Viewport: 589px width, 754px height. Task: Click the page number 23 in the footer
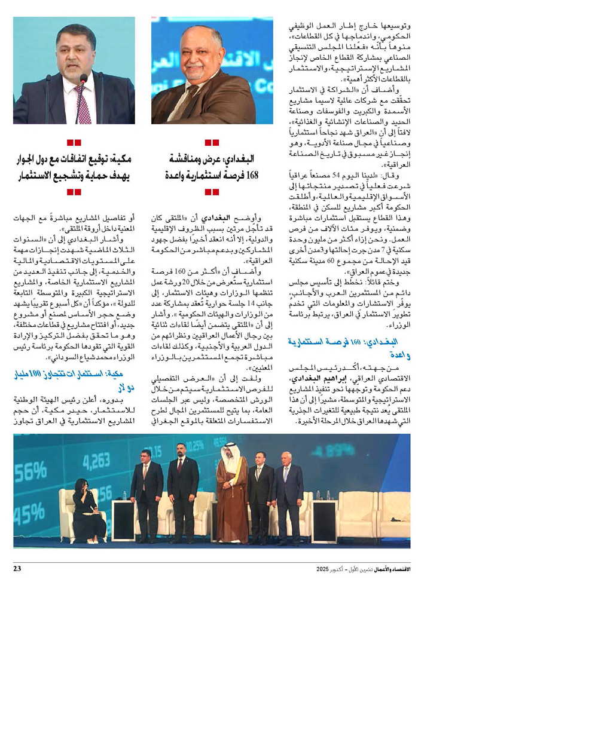tap(17, 568)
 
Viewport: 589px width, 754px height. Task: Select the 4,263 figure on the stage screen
tap(96, 461)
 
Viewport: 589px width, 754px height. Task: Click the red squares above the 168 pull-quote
tap(212, 143)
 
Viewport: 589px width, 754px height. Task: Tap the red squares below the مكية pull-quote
tap(74, 192)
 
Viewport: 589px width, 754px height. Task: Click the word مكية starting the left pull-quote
tap(120, 160)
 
